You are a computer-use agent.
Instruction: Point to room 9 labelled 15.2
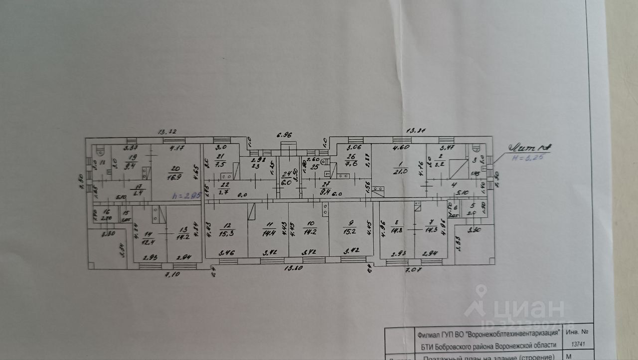click(x=349, y=230)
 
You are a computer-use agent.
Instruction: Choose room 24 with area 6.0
click(x=287, y=178)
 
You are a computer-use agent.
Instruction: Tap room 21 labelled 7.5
click(x=220, y=161)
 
